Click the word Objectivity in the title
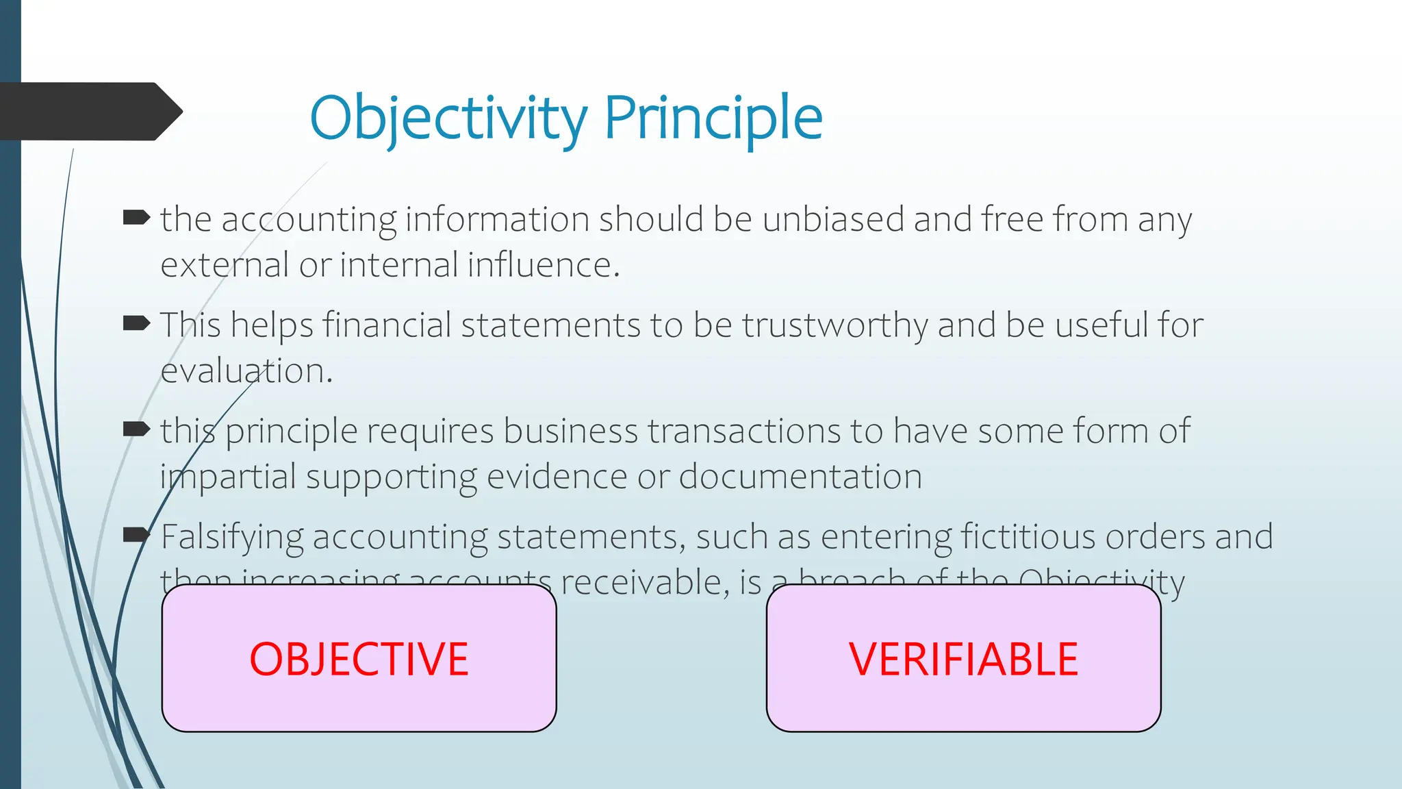(448, 118)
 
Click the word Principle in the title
(713, 118)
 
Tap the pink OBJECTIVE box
(359, 658)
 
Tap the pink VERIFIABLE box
(963, 658)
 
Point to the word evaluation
(245, 371)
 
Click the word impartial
(228, 477)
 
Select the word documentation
(800, 477)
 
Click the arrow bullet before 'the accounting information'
(136, 218)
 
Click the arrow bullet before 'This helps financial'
(136, 323)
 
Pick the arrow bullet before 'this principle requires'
(136, 429)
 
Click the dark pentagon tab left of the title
(86, 112)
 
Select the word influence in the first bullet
(543, 265)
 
